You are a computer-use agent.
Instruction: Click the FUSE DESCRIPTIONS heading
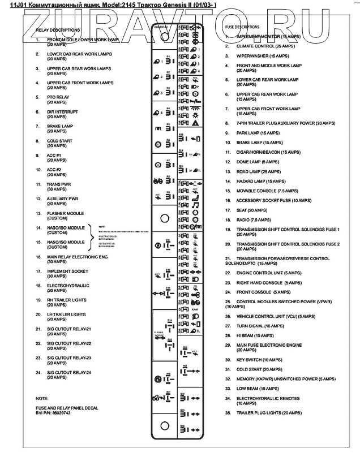[x=242, y=27]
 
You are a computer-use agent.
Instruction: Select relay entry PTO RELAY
[x=58, y=97]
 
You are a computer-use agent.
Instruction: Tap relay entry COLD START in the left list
[x=59, y=140]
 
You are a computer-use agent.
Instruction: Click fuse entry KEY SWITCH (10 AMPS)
[x=259, y=359]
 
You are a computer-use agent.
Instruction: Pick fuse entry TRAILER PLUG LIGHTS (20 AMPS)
[x=268, y=413]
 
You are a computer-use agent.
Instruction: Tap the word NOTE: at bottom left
[x=42, y=399]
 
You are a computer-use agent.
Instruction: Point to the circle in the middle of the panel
[x=165, y=217]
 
